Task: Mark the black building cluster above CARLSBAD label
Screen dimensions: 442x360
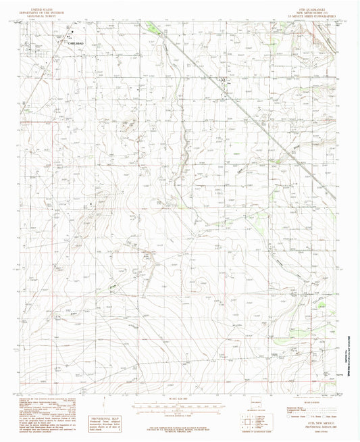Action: click(70, 34)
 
